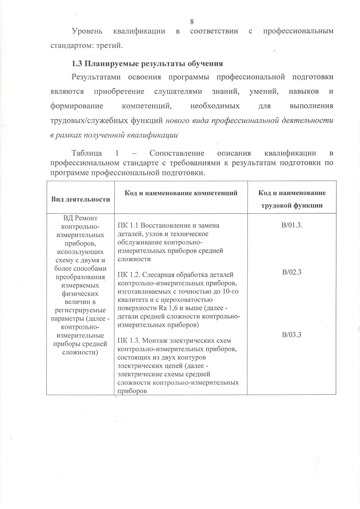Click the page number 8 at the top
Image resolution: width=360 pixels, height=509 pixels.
tap(192, 22)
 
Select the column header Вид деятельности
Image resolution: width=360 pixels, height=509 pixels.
tap(80, 199)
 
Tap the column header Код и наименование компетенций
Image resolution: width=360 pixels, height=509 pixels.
tap(181, 193)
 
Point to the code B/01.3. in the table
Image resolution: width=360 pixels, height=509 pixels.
tap(292, 226)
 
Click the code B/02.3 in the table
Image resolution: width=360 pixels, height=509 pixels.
tap(292, 272)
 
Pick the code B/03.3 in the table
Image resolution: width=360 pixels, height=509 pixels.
tap(292, 335)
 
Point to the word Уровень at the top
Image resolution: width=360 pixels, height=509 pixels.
tap(87, 31)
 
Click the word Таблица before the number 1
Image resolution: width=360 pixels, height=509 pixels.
tap(87, 153)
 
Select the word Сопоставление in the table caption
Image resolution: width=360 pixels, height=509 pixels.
tap(177, 153)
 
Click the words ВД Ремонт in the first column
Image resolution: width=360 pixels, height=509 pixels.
tap(80, 218)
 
